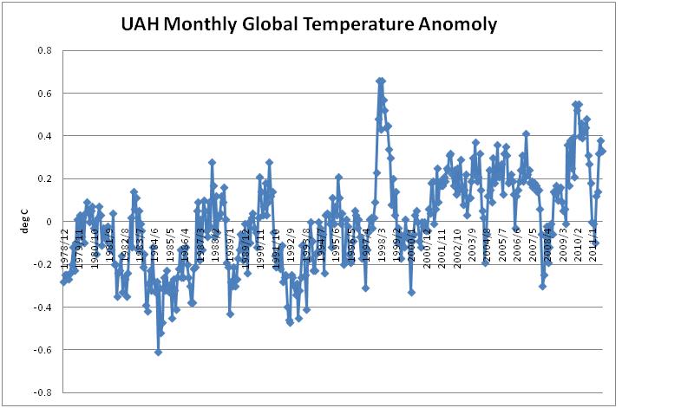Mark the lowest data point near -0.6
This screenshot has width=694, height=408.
[158, 352]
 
